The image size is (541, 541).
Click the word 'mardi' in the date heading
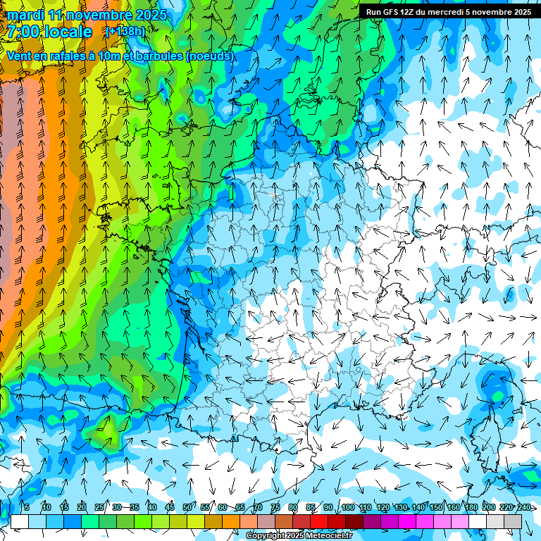pos(25,15)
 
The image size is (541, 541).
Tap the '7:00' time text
pos(23,32)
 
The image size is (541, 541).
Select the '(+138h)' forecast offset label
pos(125,32)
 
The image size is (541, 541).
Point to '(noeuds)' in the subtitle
pos(209,56)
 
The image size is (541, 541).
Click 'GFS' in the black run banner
pos(395,12)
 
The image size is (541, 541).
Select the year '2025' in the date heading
pos(150,15)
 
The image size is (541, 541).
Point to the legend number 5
pos(26,508)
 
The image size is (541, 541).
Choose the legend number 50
pos(187,508)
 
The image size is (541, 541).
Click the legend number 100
pos(347,508)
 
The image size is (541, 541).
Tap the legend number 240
pos(523,508)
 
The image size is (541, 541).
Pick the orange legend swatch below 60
pos(213,521)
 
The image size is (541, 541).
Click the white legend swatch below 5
pos(20,521)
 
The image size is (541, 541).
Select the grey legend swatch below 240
pos(513,521)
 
